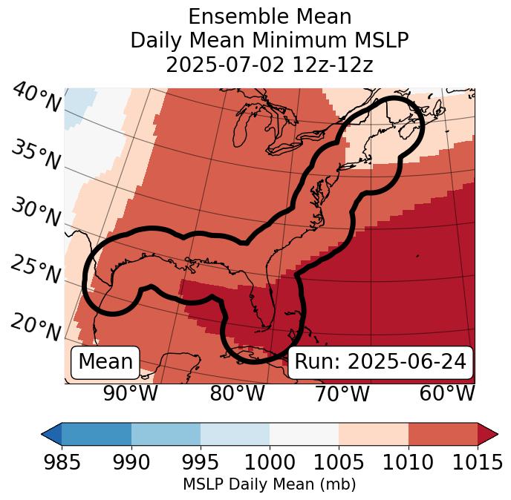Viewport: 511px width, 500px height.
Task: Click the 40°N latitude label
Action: (x=36, y=98)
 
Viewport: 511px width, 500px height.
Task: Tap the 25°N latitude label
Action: (x=36, y=269)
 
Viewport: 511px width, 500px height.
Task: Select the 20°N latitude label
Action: (x=36, y=326)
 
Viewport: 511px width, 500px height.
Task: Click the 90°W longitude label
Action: (x=131, y=394)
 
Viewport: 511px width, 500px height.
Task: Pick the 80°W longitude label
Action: (x=237, y=394)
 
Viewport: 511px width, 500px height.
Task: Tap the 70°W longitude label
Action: (x=341, y=394)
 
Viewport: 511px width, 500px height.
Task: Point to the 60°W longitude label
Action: (x=446, y=394)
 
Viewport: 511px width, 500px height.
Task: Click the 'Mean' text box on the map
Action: (x=105, y=362)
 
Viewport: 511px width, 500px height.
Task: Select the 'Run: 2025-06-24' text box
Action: (x=380, y=362)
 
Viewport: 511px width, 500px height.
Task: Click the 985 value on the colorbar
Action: (x=62, y=462)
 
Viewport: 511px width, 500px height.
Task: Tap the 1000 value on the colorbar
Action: (x=270, y=462)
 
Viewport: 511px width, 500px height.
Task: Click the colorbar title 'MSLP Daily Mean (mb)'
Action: (x=269, y=484)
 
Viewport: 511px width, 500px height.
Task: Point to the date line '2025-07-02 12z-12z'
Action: (x=270, y=65)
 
